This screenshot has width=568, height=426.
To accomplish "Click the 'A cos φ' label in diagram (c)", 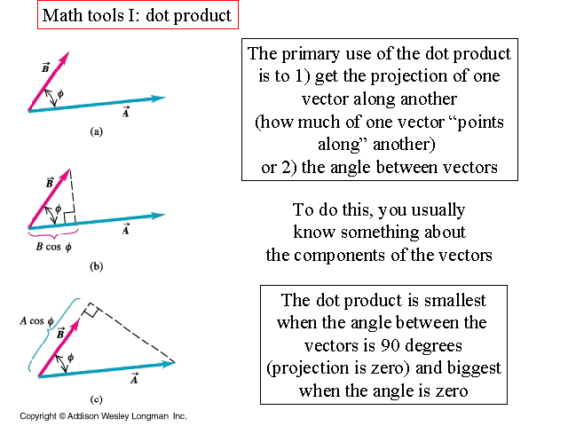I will pos(40,322).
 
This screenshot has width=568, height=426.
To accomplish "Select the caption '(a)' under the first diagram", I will pos(97,130).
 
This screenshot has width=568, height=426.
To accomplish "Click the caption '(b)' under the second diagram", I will pos(96,265).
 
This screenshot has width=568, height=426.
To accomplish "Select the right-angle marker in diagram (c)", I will pos(91,312).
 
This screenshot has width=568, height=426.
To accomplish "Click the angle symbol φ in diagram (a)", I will pos(59,93).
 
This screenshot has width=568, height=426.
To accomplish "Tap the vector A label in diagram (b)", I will pos(126,229).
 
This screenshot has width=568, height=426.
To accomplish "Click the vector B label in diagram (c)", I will pos(59,333).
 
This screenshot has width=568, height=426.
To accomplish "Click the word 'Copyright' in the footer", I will pos(38,415).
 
